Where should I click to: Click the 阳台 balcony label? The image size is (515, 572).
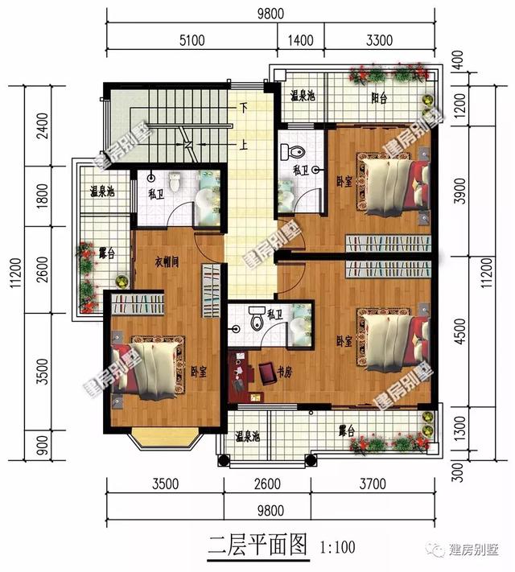coord(378,99)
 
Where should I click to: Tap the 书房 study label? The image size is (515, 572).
coord(286,372)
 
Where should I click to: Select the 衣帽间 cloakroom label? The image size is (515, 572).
coord(167,261)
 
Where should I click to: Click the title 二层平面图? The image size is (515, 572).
coord(246,546)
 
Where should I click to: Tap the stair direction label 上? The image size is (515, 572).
coord(241,146)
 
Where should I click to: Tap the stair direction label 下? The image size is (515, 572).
coord(241,107)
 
